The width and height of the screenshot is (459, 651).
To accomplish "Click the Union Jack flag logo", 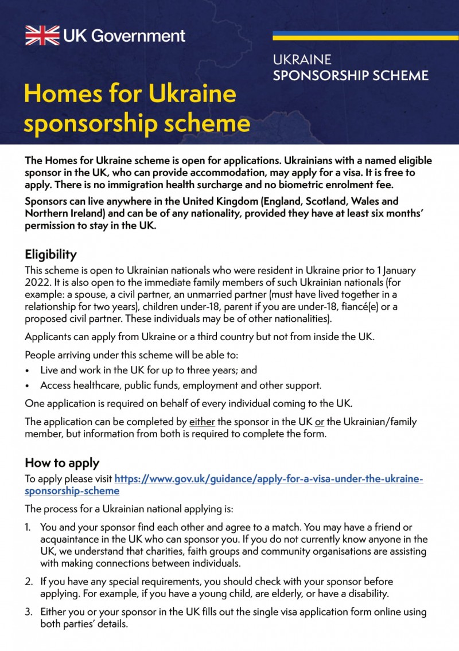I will coord(42,35).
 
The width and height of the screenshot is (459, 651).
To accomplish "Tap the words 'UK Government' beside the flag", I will coord(125,36).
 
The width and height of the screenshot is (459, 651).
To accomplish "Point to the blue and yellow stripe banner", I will coord(365,35).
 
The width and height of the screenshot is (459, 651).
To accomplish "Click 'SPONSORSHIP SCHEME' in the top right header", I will coord(351,75).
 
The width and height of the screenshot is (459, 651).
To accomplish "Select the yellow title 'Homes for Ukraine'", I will coord(130,93).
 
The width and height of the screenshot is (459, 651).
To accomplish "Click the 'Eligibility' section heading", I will coord(50,254).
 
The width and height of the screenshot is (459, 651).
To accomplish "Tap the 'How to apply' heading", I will coord(62,462).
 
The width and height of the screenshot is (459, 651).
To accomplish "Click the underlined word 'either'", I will coord(202,422).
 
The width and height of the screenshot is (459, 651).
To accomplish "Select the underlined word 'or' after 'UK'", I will coord(319,422).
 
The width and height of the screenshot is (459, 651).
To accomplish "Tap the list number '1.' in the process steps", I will coord(28,527).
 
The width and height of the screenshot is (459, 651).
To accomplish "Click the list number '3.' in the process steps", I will coord(28,611).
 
